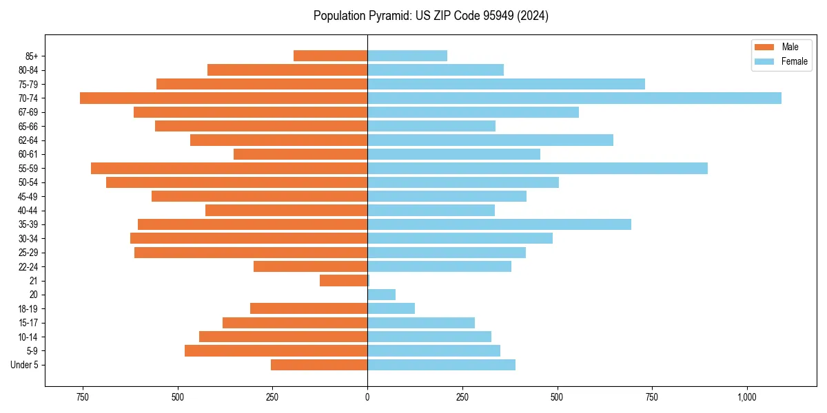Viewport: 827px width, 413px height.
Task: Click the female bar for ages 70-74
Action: coord(574,98)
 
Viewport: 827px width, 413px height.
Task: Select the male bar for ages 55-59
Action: coord(229,168)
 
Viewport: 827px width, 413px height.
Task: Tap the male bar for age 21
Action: coord(343,280)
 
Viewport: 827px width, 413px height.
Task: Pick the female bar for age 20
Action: coord(381,295)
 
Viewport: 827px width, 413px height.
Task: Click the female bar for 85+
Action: coord(407,56)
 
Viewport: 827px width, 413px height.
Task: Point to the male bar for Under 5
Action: coord(319,365)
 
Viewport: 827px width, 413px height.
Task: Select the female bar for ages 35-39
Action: coord(499,224)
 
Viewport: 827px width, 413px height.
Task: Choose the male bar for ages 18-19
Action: coord(309,308)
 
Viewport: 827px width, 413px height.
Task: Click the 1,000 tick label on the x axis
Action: coord(747,397)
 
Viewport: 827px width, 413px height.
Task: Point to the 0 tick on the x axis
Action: coord(367,397)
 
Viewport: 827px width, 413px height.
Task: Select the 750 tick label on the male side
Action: coord(83,397)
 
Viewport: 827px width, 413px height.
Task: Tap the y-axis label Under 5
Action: coord(25,365)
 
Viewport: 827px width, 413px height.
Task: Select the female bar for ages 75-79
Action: coord(506,84)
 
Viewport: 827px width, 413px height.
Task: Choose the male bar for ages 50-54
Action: coord(236,182)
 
